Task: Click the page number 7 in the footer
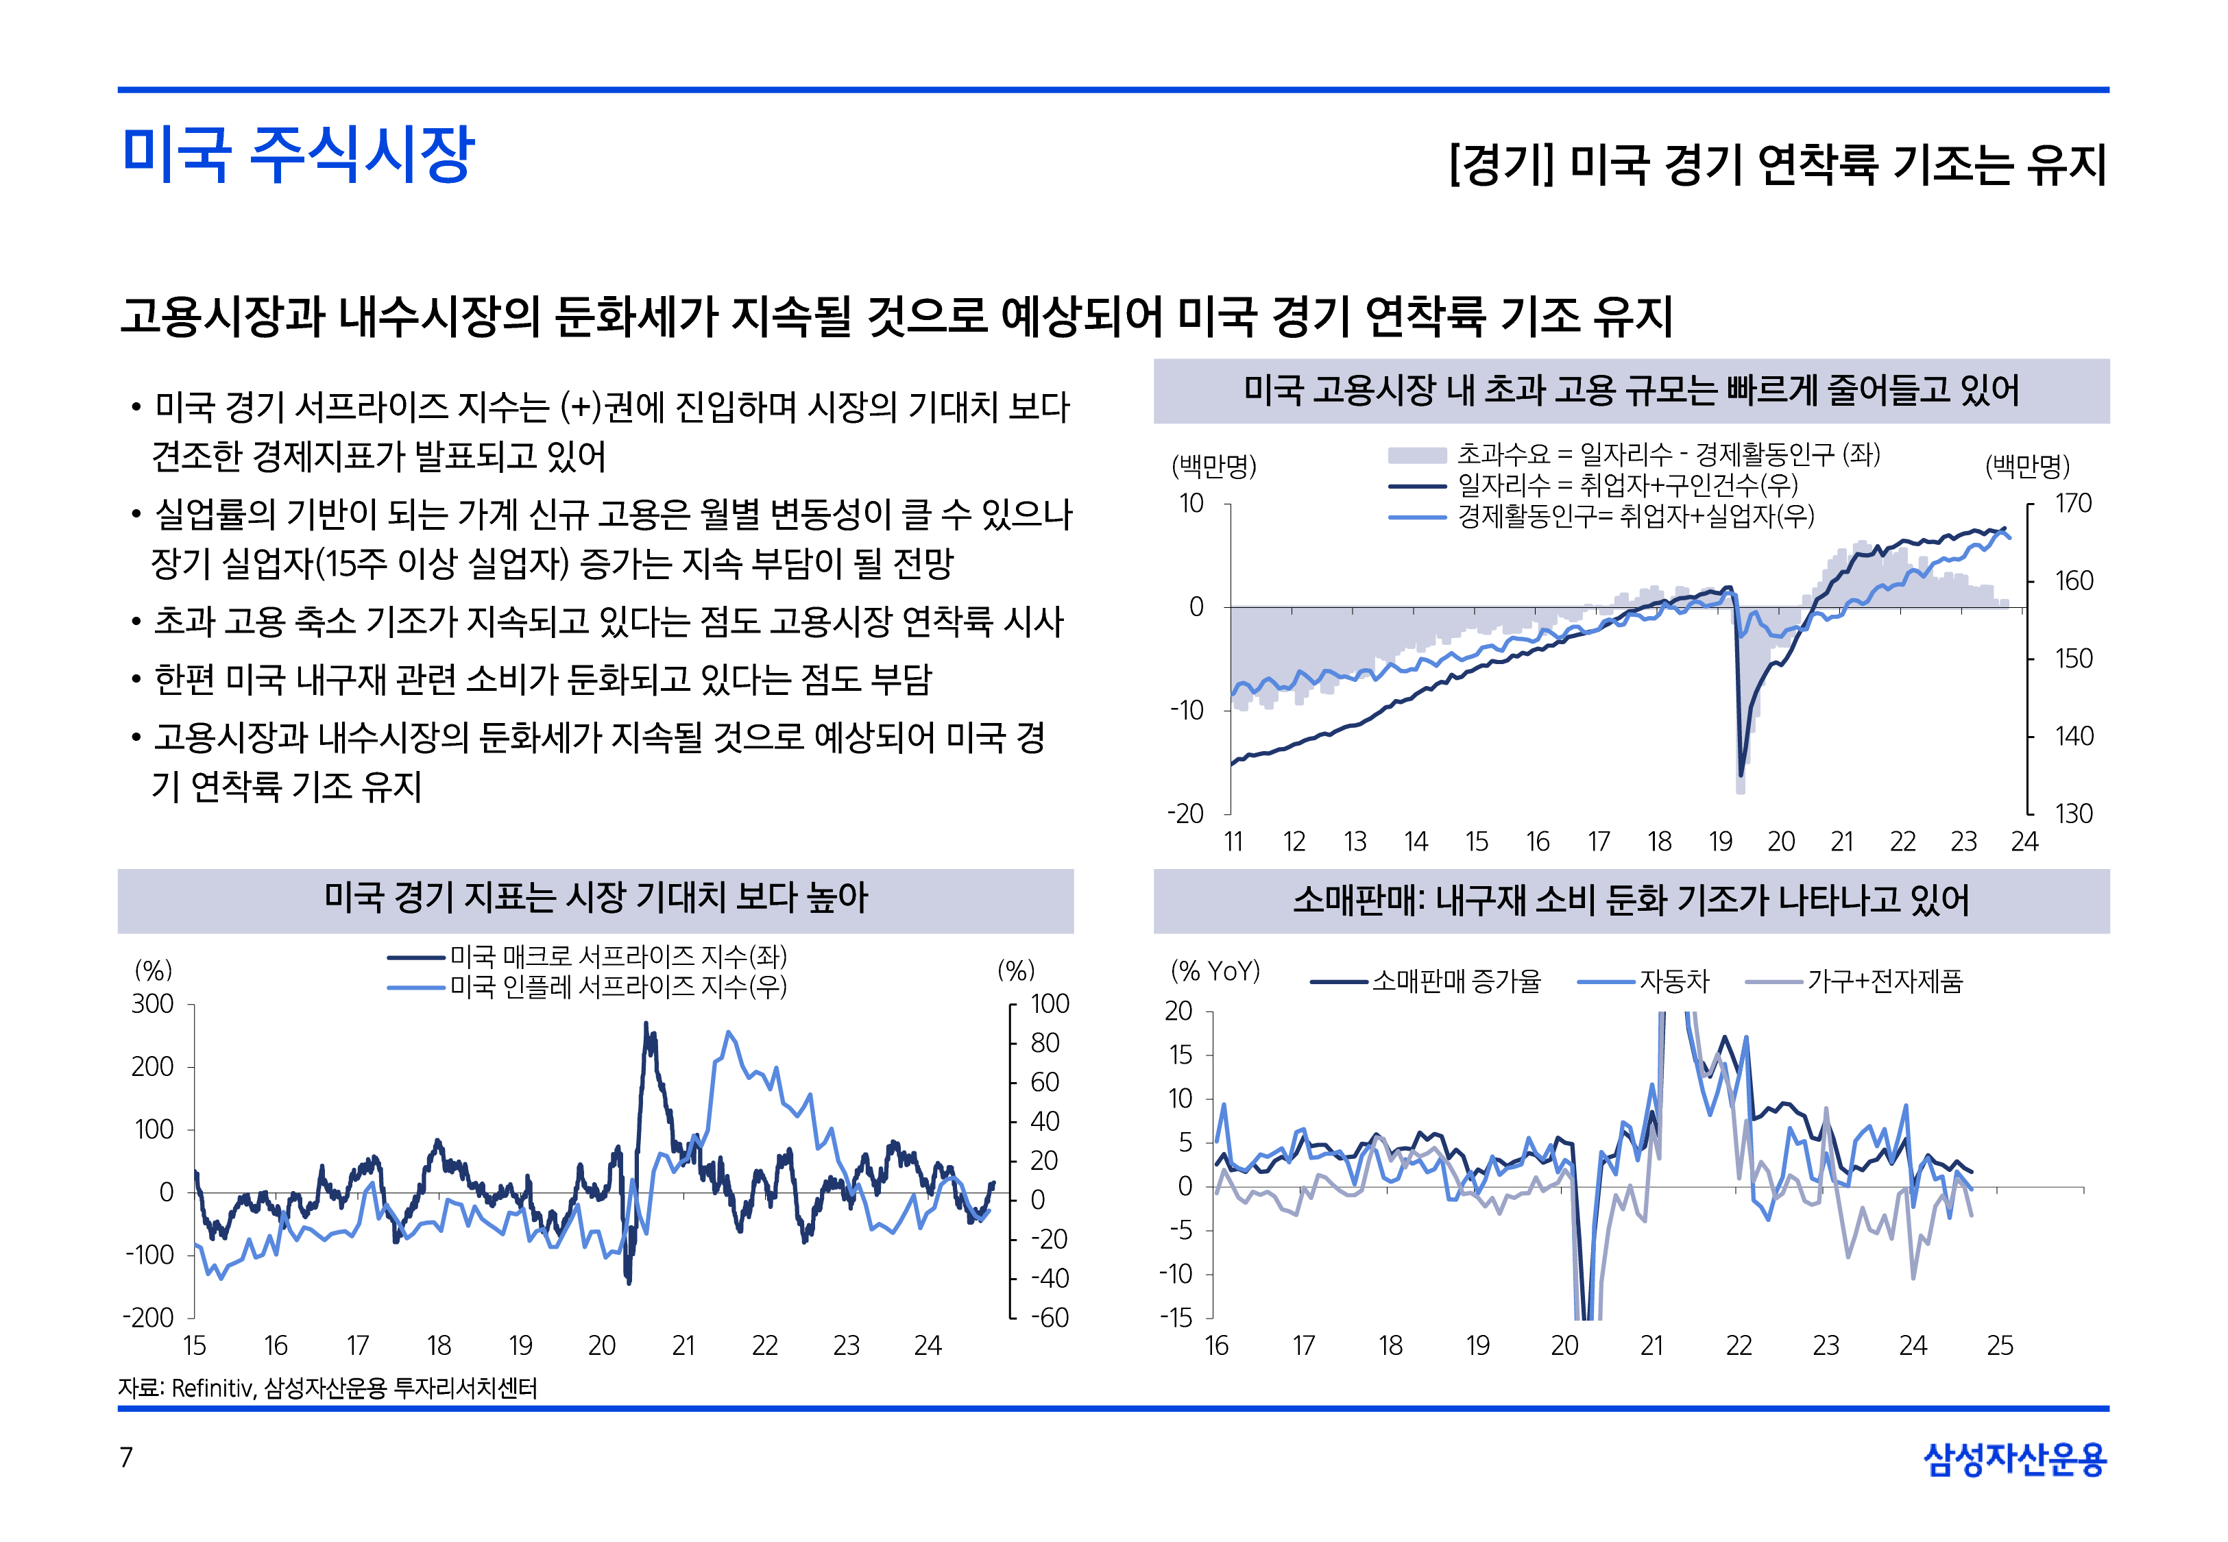(x=125, y=1457)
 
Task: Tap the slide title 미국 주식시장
(x=298, y=155)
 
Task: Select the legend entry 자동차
(x=1674, y=981)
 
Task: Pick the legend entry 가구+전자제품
(x=1884, y=981)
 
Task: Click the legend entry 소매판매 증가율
(x=1456, y=981)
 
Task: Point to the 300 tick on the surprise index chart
(x=153, y=1004)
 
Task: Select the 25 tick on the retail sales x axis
(x=2000, y=1346)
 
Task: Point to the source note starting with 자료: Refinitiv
(x=328, y=1388)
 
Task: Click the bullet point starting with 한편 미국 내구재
(x=542, y=679)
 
